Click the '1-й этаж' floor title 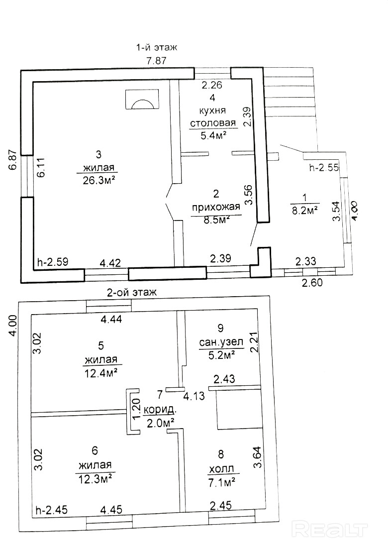click(157, 47)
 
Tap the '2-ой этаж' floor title click(132, 293)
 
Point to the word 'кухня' click(213, 111)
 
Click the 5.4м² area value click(214, 135)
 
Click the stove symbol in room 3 click(142, 99)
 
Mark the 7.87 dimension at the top click(157, 61)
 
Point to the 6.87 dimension click(13, 161)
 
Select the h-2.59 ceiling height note click(53, 262)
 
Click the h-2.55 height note click(324, 167)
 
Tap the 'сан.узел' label click(221, 342)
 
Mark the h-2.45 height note click(52, 510)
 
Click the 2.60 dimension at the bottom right click(312, 283)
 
